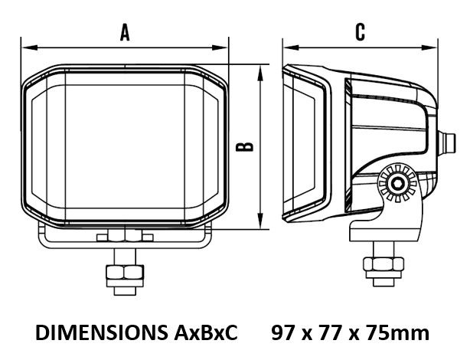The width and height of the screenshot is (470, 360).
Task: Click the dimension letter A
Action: (125, 32)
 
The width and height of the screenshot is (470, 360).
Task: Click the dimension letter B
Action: (245, 146)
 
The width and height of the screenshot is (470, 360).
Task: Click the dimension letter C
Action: (361, 32)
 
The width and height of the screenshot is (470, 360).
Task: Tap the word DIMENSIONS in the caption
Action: (101, 332)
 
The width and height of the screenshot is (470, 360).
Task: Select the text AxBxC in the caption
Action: (205, 332)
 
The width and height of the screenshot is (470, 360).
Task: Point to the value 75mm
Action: (400, 332)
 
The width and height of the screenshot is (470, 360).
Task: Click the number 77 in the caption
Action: (331, 332)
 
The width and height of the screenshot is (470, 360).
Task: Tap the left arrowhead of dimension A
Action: (30, 47)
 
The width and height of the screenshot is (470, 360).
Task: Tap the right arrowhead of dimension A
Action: (220, 47)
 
